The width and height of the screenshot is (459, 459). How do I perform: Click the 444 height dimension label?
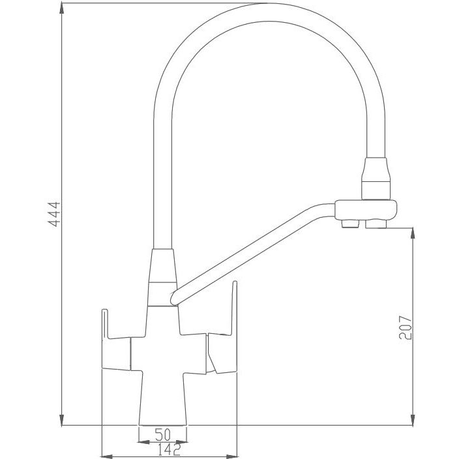[x=54, y=215]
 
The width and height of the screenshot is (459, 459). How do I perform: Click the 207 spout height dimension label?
[x=405, y=327]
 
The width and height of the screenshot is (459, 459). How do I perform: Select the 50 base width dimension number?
[x=162, y=434]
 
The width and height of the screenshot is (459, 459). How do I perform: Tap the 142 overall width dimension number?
[x=169, y=450]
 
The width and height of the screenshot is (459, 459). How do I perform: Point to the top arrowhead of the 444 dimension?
[x=61, y=8]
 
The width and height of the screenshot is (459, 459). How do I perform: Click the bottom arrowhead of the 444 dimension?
[x=61, y=419]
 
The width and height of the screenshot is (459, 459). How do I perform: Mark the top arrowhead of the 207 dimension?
[x=413, y=233]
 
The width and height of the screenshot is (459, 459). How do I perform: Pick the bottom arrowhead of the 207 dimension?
[x=413, y=419]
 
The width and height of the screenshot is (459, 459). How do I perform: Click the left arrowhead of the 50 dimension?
[x=143, y=442]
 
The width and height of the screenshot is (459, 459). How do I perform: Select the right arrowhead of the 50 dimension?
[x=181, y=442]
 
